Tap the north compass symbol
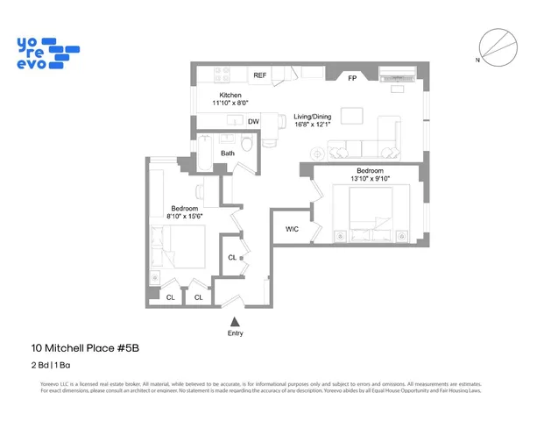tap(495, 46)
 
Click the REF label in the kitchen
tap(260, 75)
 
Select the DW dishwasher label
tap(253, 122)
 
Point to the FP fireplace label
tap(352, 78)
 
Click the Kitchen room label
tap(230, 95)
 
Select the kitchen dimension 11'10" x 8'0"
tap(230, 103)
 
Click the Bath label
tap(228, 153)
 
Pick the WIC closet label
tap(293, 229)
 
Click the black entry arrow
tap(235, 322)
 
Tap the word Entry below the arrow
tap(235, 333)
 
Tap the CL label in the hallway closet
tap(232, 257)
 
